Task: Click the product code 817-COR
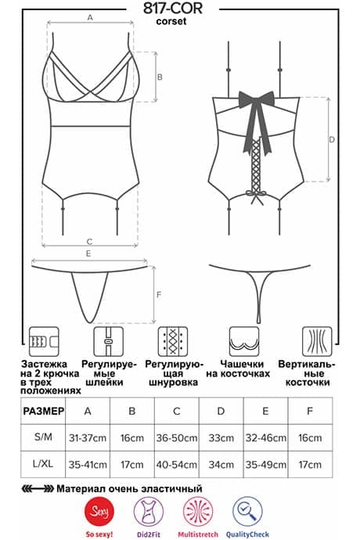click(173, 9)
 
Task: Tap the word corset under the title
click(171, 21)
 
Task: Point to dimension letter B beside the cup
click(160, 77)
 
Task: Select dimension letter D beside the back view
click(332, 139)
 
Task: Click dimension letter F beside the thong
click(159, 295)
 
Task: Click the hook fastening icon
click(44, 342)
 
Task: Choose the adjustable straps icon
click(109, 342)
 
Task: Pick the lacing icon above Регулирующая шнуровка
click(173, 342)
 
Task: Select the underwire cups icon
click(244, 342)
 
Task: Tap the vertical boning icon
click(317, 342)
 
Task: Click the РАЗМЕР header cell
click(43, 411)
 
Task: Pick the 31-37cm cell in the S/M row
click(88, 438)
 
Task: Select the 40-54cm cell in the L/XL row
click(177, 465)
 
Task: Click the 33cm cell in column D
click(221, 438)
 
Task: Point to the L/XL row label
click(43, 464)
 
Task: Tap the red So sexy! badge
click(99, 512)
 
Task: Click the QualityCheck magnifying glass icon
click(247, 511)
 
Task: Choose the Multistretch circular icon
click(198, 511)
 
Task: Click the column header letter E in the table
click(265, 411)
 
